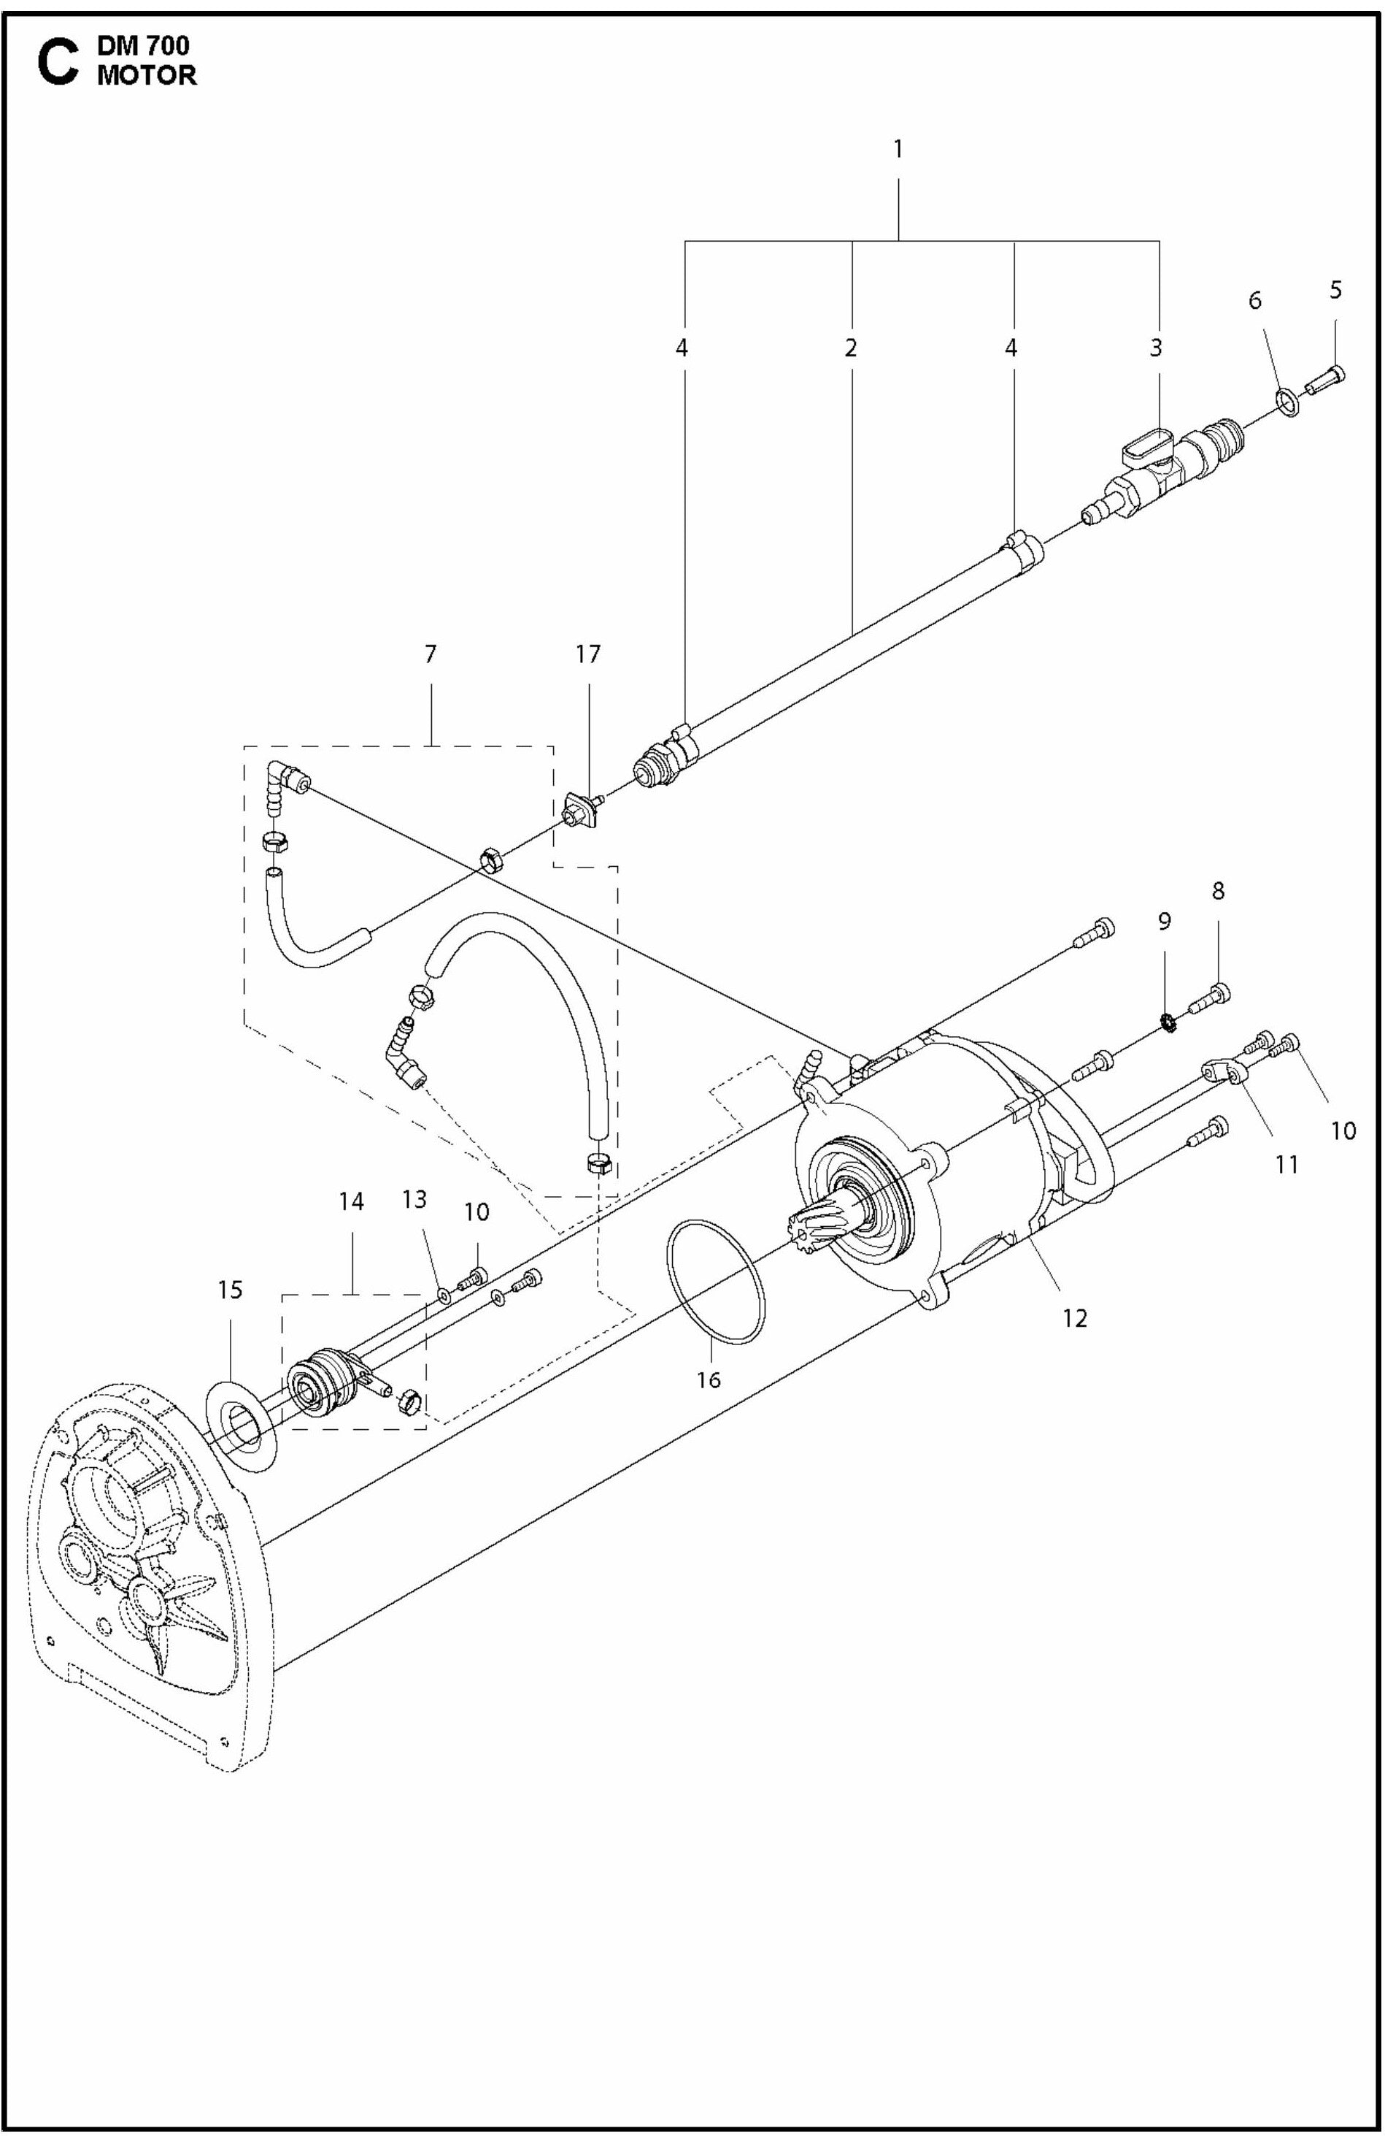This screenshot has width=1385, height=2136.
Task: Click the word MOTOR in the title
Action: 146,76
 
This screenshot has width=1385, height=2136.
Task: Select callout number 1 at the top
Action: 898,149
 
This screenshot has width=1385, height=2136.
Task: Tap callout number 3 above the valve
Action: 1155,348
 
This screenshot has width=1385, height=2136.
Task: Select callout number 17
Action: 587,654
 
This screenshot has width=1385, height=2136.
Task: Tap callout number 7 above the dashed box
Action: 431,654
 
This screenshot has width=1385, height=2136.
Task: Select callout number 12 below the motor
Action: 1075,1317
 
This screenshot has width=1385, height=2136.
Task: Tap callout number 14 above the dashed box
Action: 351,1202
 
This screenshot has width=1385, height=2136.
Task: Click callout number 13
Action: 414,1199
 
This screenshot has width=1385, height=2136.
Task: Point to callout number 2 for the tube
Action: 850,348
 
